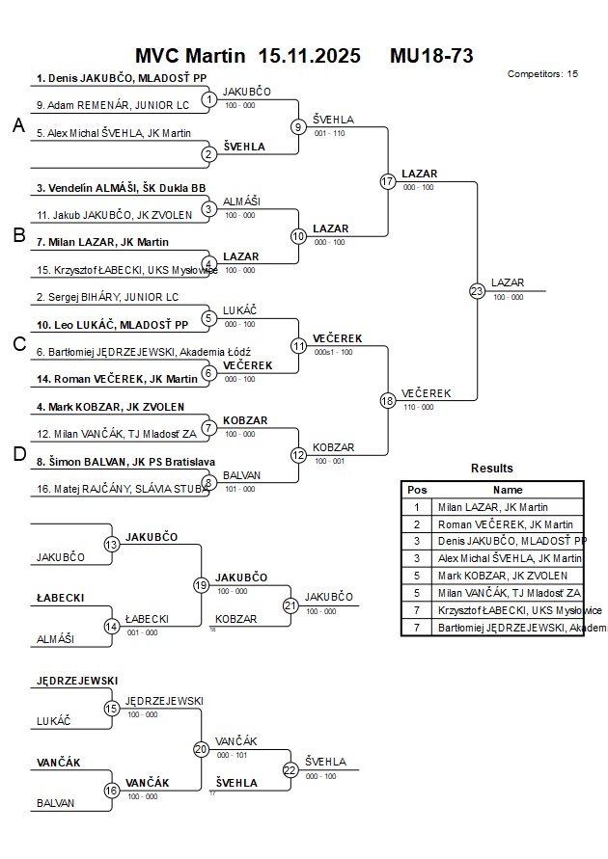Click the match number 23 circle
pyautogui.click(x=477, y=290)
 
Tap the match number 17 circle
pyautogui.click(x=388, y=181)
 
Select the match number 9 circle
pyautogui.click(x=298, y=126)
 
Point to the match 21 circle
pyautogui.click(x=290, y=604)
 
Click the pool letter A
pyautogui.click(x=17, y=125)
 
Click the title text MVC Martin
pyautogui.click(x=191, y=55)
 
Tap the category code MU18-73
pyautogui.click(x=431, y=55)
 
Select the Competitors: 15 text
pyautogui.click(x=542, y=73)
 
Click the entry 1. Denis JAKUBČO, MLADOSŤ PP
pyautogui.click(x=122, y=78)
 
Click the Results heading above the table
pyautogui.click(x=492, y=468)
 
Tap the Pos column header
pyautogui.click(x=417, y=490)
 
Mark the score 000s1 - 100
pyautogui.click(x=333, y=352)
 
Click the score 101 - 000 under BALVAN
pyautogui.click(x=240, y=489)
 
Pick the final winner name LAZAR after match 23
pyautogui.click(x=508, y=282)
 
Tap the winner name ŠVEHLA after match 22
pyautogui.click(x=325, y=762)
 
